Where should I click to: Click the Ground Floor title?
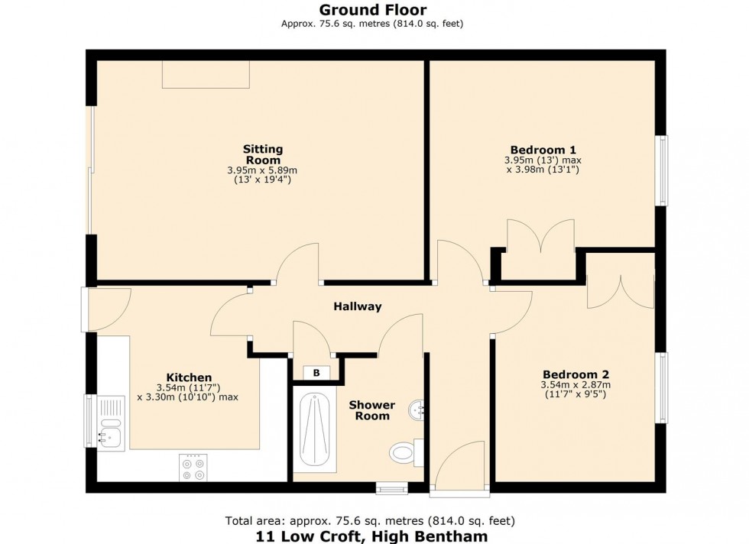pos(373,10)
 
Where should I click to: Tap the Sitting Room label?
pos(262,154)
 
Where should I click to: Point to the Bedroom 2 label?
pos(575,374)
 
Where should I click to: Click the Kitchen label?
pos(189,377)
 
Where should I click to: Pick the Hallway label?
pos(357,306)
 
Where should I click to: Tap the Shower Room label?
pos(372,410)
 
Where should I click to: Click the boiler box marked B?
pos(315,372)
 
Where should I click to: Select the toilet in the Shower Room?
pos(403,453)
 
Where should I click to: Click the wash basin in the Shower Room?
pos(418,410)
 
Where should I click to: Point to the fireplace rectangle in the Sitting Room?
pos(206,74)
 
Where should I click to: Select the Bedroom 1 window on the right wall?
pos(663,170)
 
